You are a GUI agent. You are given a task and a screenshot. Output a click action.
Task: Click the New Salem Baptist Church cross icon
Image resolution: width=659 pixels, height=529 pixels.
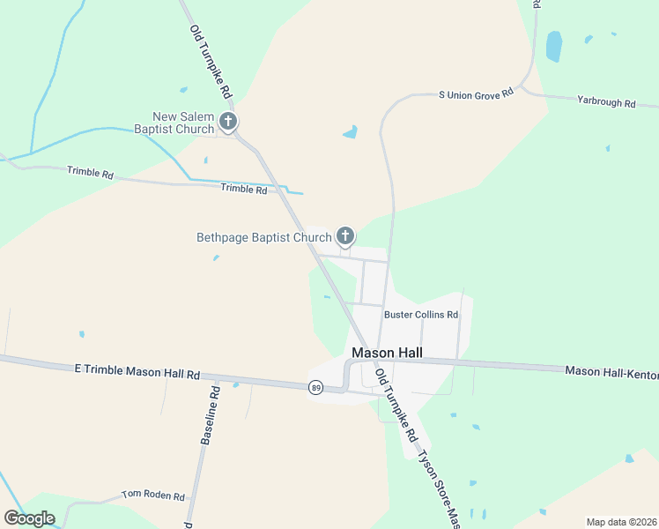click(x=228, y=121)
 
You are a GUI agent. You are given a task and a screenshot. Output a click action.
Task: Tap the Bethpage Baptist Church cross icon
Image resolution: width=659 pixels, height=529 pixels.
click(x=345, y=235)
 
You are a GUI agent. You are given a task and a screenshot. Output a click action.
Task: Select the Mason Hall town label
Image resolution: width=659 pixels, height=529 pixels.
click(x=387, y=352)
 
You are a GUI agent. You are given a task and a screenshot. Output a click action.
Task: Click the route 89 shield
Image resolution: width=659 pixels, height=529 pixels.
click(x=315, y=387)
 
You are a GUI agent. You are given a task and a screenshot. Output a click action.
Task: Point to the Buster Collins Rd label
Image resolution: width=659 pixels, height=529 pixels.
click(x=421, y=314)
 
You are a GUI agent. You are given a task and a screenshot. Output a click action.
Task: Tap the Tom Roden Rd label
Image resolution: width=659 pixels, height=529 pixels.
click(x=154, y=495)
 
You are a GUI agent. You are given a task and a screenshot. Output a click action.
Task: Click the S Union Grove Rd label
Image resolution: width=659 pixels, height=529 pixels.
click(x=476, y=93)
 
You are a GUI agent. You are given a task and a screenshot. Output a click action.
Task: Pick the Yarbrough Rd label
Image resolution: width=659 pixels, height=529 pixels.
click(x=606, y=103)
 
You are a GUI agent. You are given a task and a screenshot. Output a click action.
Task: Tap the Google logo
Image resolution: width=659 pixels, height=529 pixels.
click(x=29, y=518)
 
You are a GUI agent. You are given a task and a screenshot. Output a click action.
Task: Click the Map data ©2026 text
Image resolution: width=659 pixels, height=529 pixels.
click(x=621, y=522)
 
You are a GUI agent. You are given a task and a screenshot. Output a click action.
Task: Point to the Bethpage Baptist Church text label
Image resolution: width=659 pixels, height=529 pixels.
click(x=263, y=237)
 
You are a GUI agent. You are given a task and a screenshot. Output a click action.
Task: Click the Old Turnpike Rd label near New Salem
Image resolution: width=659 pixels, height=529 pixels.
click(x=211, y=61)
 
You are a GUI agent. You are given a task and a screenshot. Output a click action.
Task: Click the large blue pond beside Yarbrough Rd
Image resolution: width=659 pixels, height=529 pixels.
click(x=553, y=46)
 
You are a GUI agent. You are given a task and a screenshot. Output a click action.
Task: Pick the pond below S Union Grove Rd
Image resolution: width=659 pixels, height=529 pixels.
click(x=351, y=133)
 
